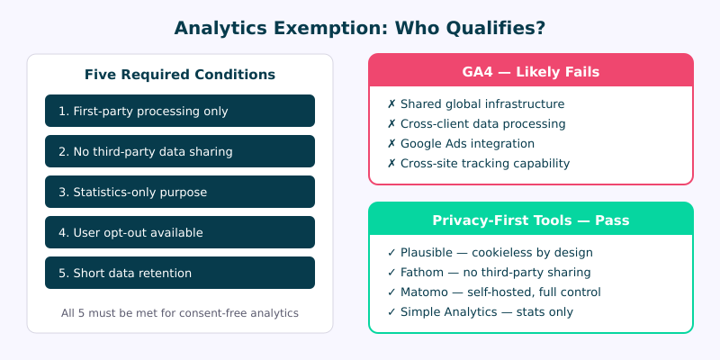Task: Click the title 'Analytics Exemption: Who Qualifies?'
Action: pyautogui.click(x=360, y=28)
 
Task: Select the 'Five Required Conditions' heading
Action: pyautogui.click(x=180, y=75)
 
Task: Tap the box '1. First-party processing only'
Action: pyautogui.click(x=180, y=111)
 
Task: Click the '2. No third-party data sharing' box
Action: pyautogui.click(x=180, y=151)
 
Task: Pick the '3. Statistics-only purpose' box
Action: pyautogui.click(x=180, y=192)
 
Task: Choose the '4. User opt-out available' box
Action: pyautogui.click(x=180, y=232)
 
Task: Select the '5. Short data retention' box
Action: pyautogui.click(x=180, y=273)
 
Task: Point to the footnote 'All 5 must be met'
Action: pyautogui.click(x=180, y=313)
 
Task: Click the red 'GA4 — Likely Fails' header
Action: pyautogui.click(x=531, y=71)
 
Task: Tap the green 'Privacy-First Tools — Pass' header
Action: pyautogui.click(x=531, y=220)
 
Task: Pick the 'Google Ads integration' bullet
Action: pyautogui.click(x=467, y=143)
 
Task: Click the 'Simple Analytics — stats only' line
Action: pyautogui.click(x=481, y=311)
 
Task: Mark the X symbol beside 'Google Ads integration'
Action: pyautogui.click(x=391, y=143)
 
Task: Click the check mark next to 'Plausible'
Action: pyautogui.click(x=391, y=252)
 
